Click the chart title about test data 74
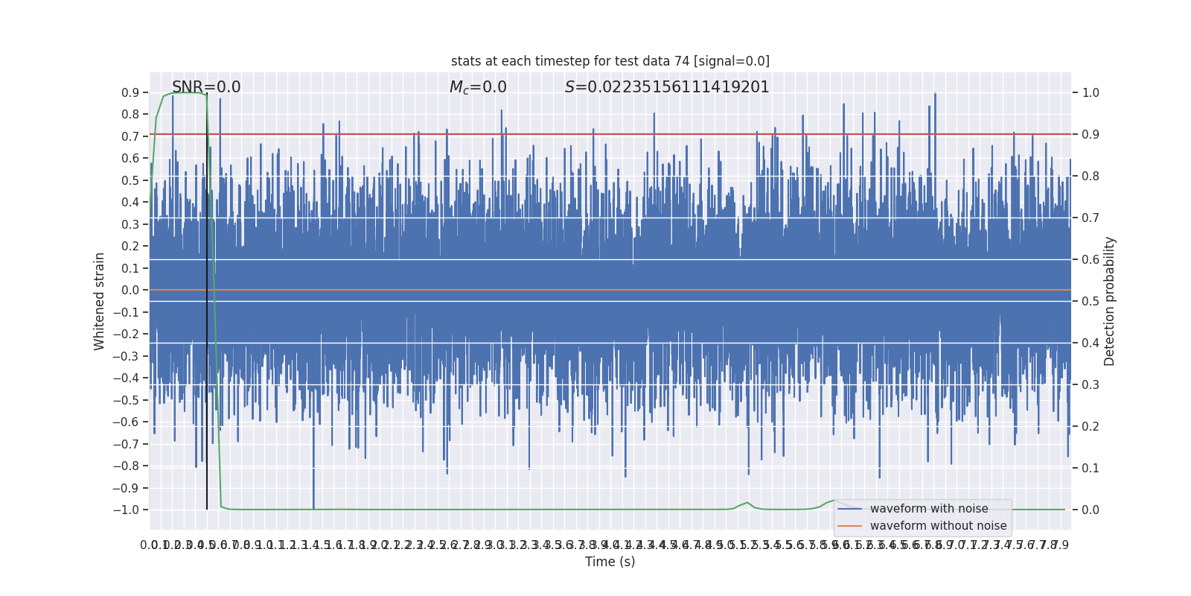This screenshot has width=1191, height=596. click(x=610, y=61)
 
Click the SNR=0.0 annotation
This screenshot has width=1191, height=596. click(x=206, y=87)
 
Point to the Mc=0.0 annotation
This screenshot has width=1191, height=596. click(x=478, y=87)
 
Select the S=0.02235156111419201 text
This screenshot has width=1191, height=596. click(x=667, y=87)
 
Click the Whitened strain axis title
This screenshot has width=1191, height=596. click(x=100, y=301)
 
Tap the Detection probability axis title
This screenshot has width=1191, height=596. click(x=1110, y=301)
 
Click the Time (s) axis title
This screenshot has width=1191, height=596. click(x=610, y=562)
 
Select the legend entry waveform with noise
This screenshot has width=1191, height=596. click(x=928, y=509)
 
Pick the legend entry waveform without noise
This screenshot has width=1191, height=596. click(x=938, y=526)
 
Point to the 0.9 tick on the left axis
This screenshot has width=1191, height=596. click(x=130, y=92)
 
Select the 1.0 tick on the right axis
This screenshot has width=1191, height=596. click(x=1091, y=92)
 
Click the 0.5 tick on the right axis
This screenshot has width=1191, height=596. click(x=1091, y=301)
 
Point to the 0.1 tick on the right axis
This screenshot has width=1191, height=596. click(x=1091, y=468)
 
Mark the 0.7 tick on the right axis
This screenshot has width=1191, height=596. click(x=1091, y=218)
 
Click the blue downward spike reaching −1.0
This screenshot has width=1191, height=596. click(x=313, y=492)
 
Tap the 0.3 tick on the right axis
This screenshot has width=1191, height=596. click(x=1091, y=384)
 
